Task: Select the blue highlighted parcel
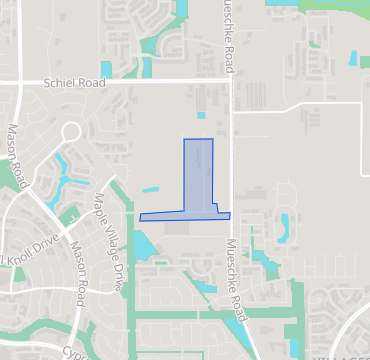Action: (198, 175)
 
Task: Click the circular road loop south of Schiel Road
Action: (70, 131)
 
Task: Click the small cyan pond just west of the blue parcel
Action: (151, 189)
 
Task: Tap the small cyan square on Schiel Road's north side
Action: (146, 67)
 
